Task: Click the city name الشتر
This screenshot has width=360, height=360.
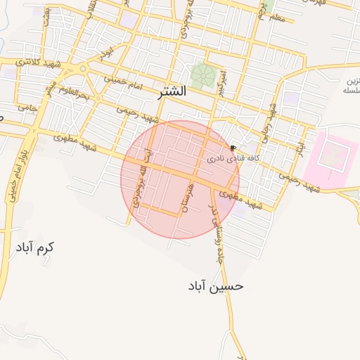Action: [x=173, y=91]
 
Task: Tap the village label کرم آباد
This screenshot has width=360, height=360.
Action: [x=34, y=247]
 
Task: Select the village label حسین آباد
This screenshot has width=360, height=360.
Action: [x=216, y=285]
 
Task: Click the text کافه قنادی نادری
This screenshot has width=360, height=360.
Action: [x=233, y=160]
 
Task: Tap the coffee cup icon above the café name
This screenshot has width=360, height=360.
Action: [x=233, y=148]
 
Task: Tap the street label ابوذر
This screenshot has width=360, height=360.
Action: [x=105, y=53]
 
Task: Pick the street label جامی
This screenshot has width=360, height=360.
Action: [x=27, y=108]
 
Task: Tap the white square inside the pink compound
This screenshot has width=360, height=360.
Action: [x=330, y=155]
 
